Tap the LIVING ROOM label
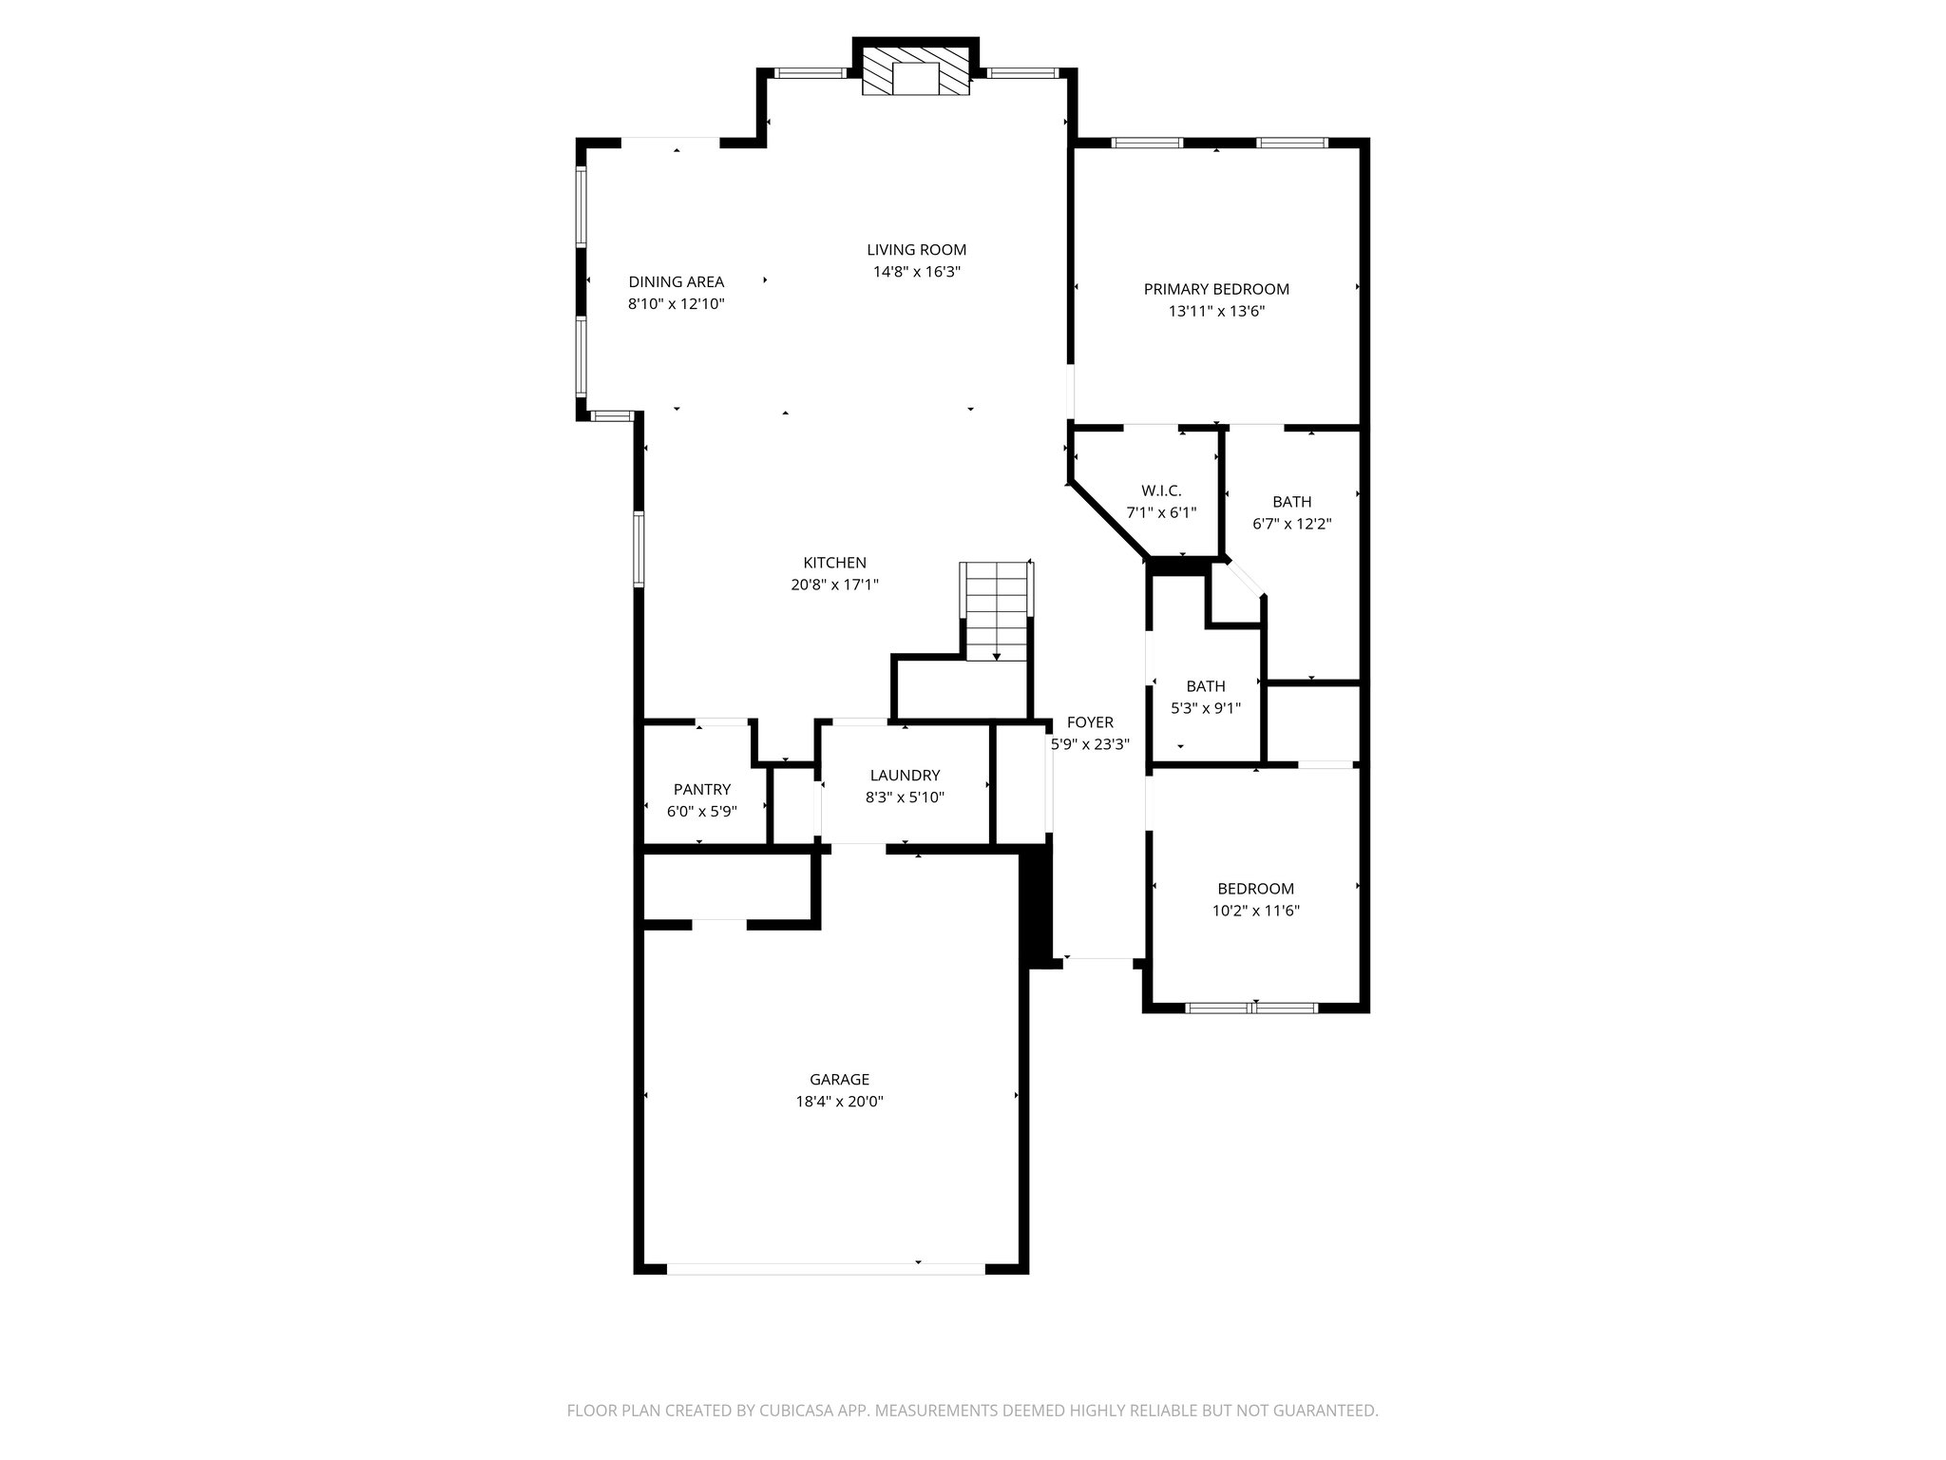[x=916, y=250]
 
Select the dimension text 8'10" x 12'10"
[x=676, y=304]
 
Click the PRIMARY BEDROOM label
[x=1216, y=289]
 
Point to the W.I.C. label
[x=1161, y=490]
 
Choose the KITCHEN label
[x=834, y=563]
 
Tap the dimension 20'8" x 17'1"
[x=834, y=586]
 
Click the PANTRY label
[x=702, y=789]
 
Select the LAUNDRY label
[x=905, y=776]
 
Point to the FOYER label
[x=1090, y=722]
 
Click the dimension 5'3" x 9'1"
[x=1206, y=708]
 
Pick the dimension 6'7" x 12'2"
[x=1291, y=524]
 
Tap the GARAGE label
[x=839, y=1080]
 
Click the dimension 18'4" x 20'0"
[x=839, y=1103]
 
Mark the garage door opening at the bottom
[x=826, y=1268]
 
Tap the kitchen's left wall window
[x=639, y=548]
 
